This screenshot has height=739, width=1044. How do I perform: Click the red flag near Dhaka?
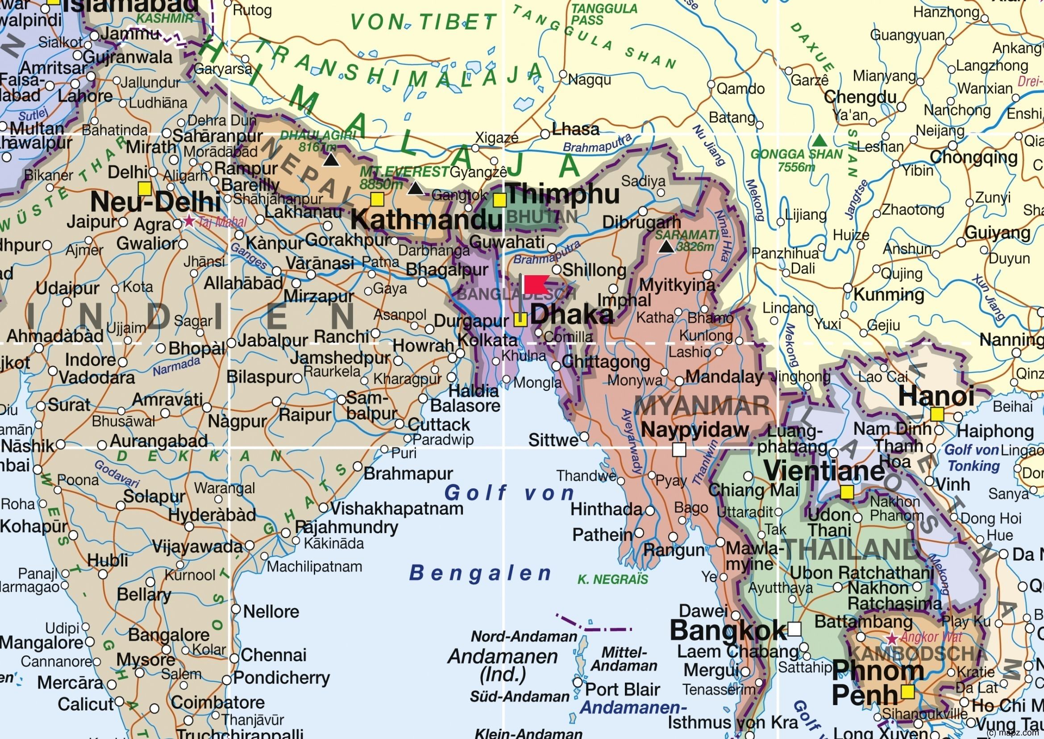click(x=536, y=285)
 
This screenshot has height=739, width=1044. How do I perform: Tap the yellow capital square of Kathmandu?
click(x=377, y=199)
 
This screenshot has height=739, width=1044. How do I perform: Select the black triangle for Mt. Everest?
click(x=415, y=188)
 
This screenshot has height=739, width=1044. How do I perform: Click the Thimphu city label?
click(x=563, y=194)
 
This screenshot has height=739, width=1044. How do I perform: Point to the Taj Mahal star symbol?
click(x=189, y=222)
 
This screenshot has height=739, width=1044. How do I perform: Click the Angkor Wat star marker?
click(x=892, y=638)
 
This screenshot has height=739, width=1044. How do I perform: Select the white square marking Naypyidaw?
click(x=679, y=449)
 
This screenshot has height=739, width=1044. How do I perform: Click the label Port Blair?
click(x=622, y=690)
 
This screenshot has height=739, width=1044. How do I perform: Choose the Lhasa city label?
click(x=575, y=130)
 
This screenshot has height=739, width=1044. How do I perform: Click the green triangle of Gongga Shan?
click(x=819, y=140)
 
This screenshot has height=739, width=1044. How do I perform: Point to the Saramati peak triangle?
click(x=667, y=247)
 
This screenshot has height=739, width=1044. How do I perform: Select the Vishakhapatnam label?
click(x=396, y=508)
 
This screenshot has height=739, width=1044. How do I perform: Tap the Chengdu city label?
click(x=860, y=97)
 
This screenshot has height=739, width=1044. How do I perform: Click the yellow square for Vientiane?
click(x=847, y=492)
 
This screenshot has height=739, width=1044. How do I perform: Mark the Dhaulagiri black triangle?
click(x=331, y=160)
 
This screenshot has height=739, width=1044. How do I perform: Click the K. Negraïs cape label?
click(x=612, y=579)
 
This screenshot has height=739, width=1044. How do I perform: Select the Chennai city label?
click(x=274, y=655)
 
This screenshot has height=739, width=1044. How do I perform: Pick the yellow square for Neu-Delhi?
click(x=145, y=189)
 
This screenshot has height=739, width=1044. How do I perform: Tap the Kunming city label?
click(x=889, y=295)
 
